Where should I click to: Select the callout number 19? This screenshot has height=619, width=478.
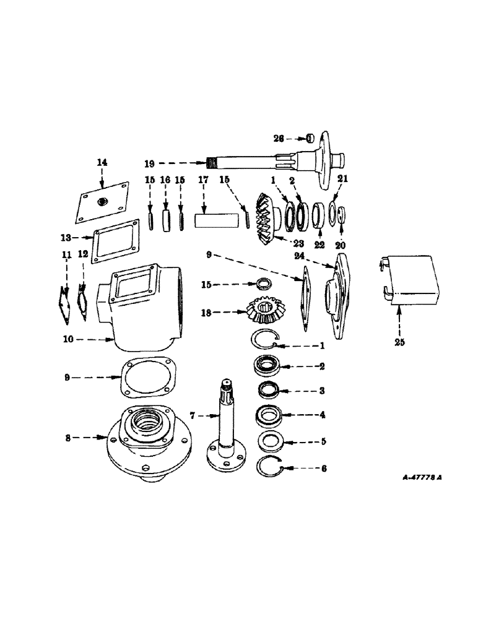point(149,165)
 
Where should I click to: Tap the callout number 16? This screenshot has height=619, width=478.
point(165,180)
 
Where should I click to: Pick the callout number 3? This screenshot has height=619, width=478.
point(320,391)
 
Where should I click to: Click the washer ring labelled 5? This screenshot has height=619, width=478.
point(269,442)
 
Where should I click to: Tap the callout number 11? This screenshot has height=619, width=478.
point(66,254)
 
